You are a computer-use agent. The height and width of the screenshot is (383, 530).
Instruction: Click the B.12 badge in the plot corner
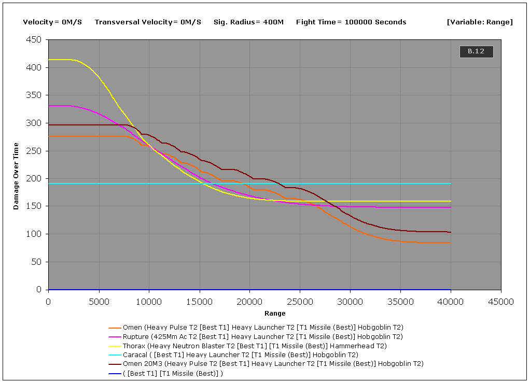(x=476, y=51)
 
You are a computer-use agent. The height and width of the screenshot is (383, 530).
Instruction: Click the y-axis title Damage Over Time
(x=16, y=176)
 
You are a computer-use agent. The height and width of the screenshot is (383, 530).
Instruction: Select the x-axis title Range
(x=275, y=313)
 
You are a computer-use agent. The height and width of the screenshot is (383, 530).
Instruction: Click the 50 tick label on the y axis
(x=36, y=262)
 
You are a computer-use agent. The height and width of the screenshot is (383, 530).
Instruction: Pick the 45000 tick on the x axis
(x=501, y=302)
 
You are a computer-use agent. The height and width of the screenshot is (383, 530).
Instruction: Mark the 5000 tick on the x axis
(x=99, y=302)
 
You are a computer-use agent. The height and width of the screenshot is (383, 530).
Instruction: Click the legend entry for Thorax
(x=254, y=346)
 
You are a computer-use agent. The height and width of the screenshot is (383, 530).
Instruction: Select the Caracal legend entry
(x=240, y=355)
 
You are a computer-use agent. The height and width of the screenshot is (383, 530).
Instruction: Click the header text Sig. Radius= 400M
(x=248, y=22)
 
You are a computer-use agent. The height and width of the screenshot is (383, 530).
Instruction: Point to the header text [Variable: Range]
(x=479, y=22)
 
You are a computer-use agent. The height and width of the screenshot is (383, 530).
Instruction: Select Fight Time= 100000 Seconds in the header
(x=351, y=22)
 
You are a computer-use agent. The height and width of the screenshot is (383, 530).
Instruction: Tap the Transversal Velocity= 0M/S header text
(x=148, y=22)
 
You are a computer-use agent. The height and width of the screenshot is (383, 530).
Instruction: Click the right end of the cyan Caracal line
(x=451, y=183)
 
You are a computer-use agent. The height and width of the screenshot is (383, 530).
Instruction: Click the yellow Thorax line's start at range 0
(x=49, y=60)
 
